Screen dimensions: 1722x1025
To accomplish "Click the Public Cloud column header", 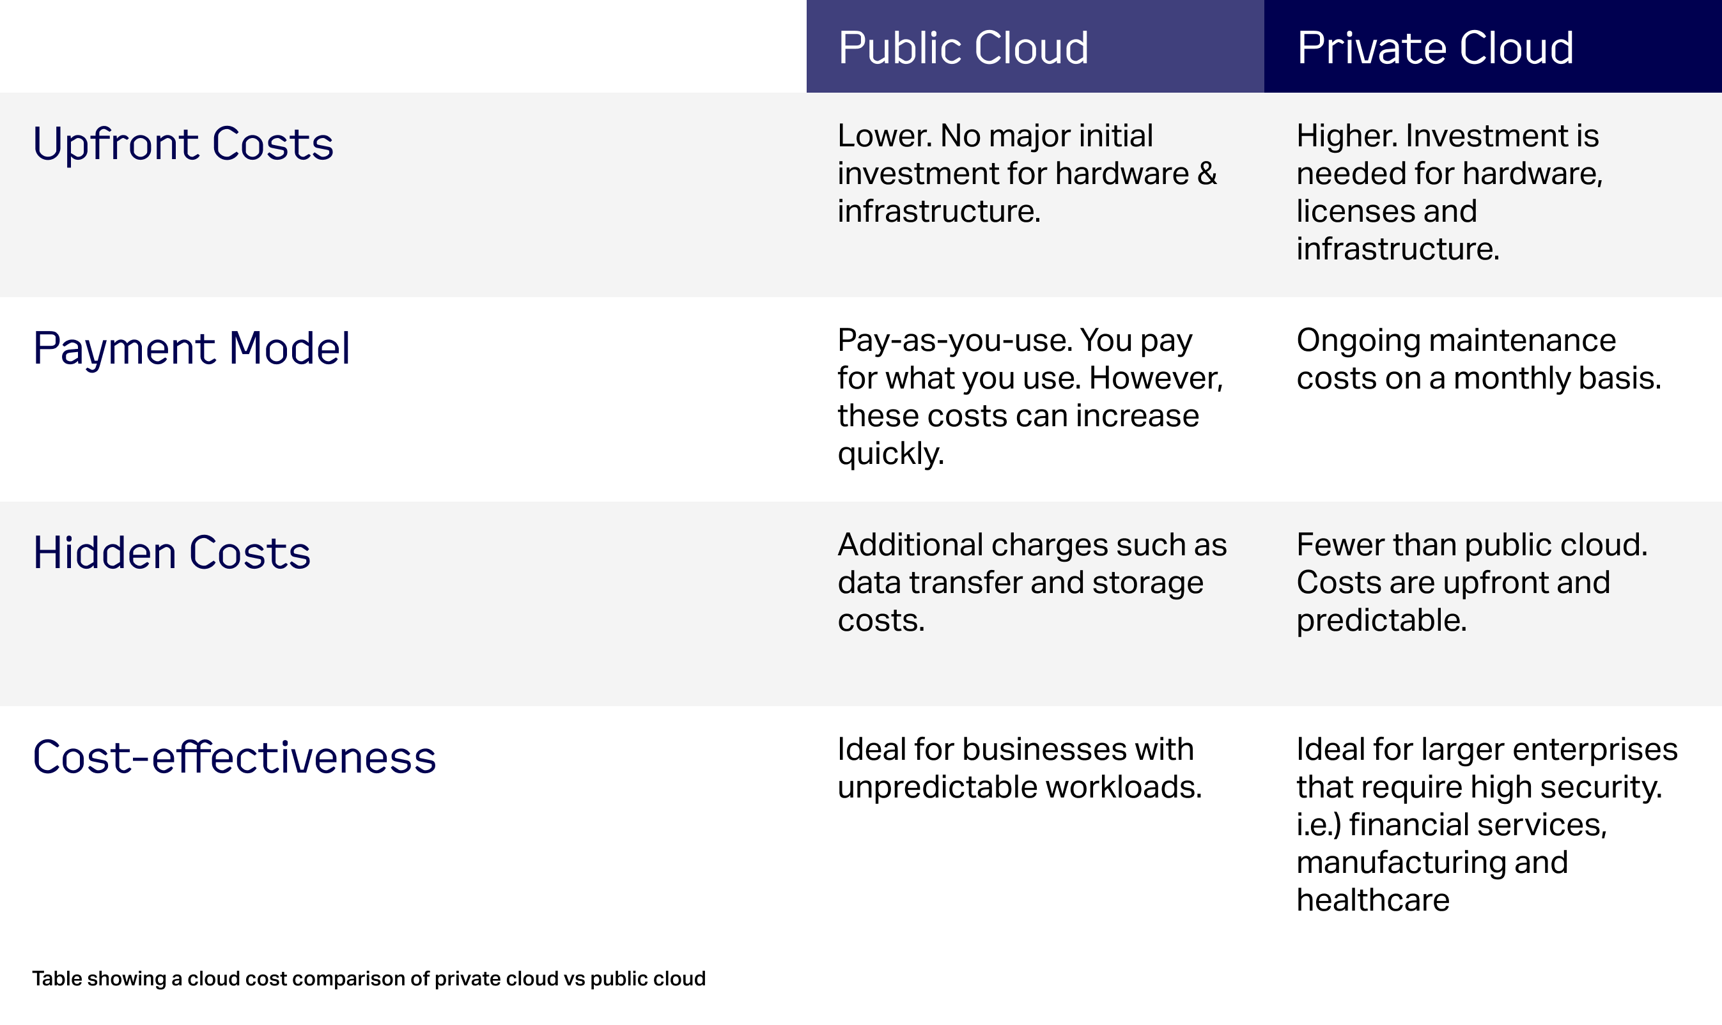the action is [963, 48].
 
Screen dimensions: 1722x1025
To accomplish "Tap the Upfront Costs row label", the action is [183, 144].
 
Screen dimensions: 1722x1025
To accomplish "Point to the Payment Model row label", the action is [191, 349].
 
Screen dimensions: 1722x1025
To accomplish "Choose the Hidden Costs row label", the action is [172, 553].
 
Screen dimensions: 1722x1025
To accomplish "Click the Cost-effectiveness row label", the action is [234, 757].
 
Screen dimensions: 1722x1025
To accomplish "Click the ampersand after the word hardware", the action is [1207, 173].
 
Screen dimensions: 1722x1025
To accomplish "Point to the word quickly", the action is [890, 454].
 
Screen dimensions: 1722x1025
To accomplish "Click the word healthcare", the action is [1372, 900].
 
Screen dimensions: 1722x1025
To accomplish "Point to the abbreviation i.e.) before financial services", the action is [1319, 825].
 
